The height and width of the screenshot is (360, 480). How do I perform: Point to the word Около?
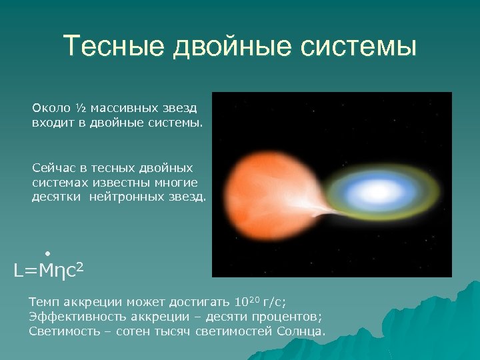tap(51, 108)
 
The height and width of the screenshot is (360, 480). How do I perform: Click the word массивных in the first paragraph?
tap(124, 108)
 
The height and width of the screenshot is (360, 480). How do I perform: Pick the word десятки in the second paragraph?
tap(55, 197)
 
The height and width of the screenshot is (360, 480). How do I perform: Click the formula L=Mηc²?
tap(49, 271)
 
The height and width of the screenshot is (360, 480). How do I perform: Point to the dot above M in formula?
tap(48, 252)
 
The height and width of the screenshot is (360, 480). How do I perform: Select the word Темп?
tap(43, 301)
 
